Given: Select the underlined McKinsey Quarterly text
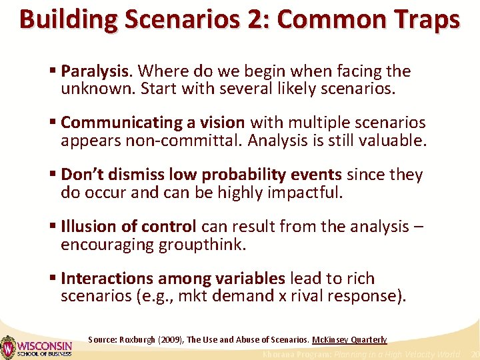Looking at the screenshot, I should tap(349, 339).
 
